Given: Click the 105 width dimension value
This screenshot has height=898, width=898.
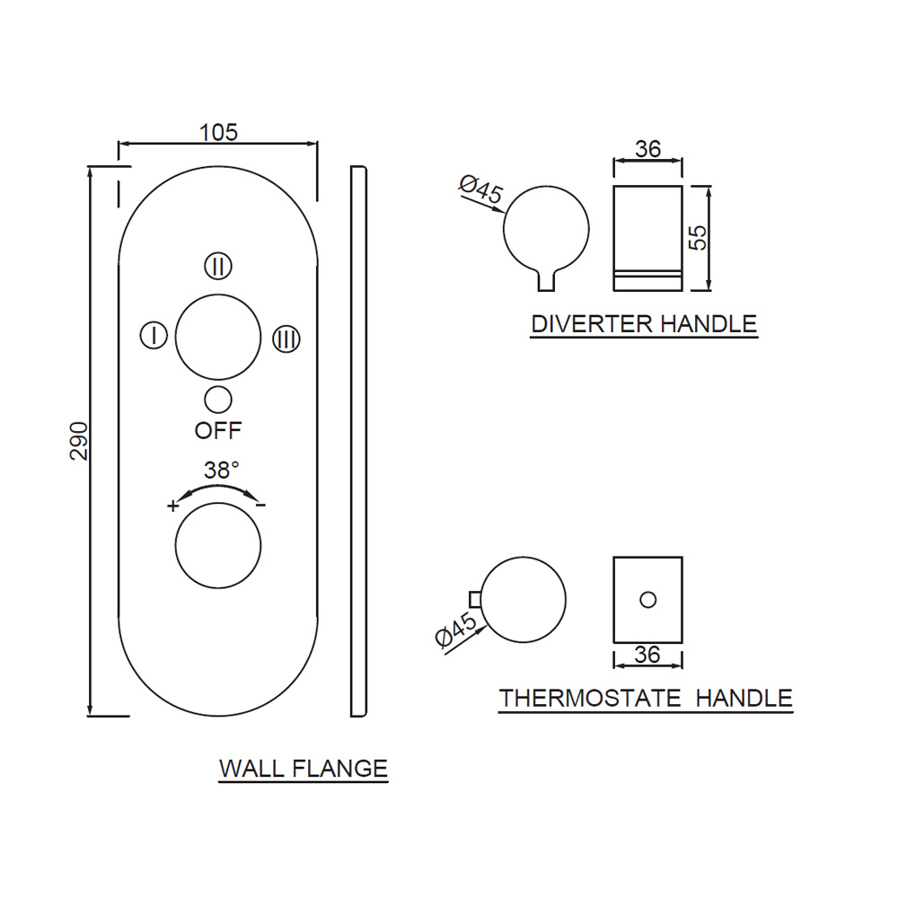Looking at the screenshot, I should (218, 132).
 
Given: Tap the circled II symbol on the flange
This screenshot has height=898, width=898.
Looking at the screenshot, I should (218, 266).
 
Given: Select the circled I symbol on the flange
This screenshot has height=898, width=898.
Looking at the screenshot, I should (154, 337).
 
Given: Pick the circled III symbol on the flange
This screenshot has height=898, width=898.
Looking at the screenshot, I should (286, 339).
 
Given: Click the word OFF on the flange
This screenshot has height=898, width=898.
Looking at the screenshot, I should (218, 431).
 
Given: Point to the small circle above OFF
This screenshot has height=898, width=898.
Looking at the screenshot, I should (218, 399).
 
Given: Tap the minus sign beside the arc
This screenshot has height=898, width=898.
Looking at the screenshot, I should (260, 506).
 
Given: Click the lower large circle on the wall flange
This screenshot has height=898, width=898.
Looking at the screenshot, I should (218, 546).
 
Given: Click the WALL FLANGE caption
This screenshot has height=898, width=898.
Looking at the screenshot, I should (304, 770).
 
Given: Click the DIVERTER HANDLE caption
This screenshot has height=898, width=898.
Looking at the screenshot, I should (644, 324).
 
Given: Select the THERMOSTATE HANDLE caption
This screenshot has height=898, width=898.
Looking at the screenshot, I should (646, 699).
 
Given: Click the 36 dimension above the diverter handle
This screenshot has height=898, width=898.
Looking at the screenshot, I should (647, 149).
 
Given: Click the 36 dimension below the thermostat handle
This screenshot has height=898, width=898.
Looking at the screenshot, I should (647, 656).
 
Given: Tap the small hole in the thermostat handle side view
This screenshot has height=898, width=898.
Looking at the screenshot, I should (647, 599).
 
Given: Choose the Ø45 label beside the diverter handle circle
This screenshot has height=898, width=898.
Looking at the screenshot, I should (480, 191).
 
